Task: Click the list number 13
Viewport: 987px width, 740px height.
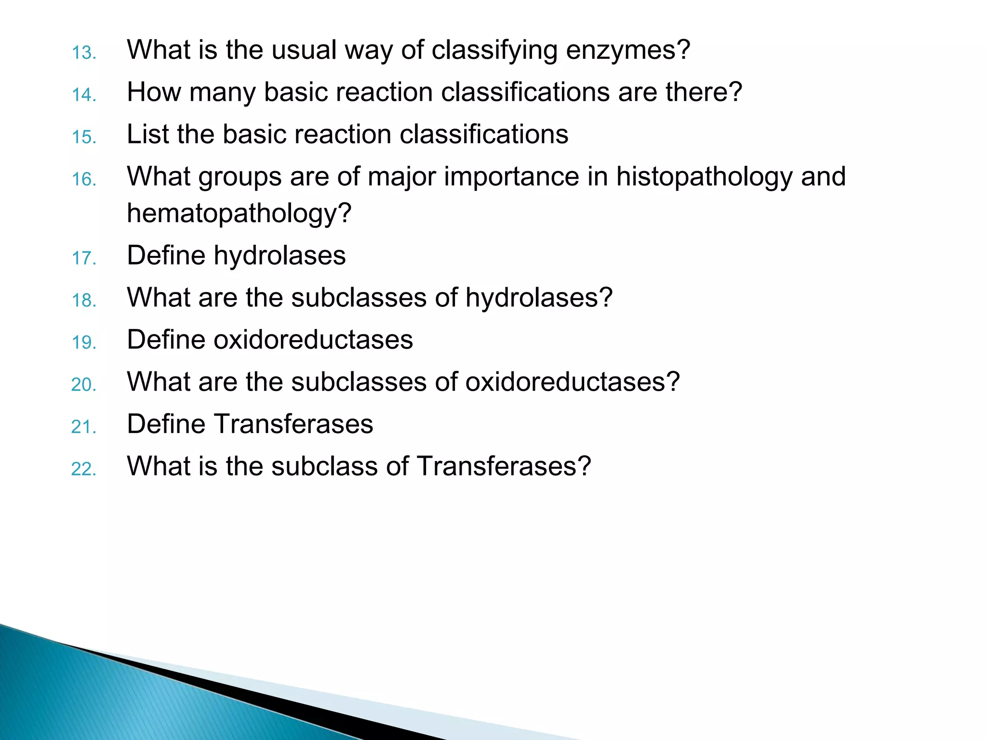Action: [84, 53]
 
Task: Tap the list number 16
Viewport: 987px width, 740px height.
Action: [84, 179]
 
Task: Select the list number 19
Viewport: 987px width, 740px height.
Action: [84, 342]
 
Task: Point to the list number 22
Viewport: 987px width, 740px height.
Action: [84, 469]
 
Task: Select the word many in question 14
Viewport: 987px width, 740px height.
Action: [222, 92]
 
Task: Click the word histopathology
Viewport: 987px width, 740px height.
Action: [704, 177]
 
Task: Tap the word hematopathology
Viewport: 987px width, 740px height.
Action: [239, 214]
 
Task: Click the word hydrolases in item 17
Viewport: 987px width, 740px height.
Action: [280, 255]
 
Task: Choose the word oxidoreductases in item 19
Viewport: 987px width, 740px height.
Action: [313, 340]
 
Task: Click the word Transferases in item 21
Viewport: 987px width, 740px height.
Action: [293, 424]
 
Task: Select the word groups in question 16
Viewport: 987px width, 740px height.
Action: [240, 177]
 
